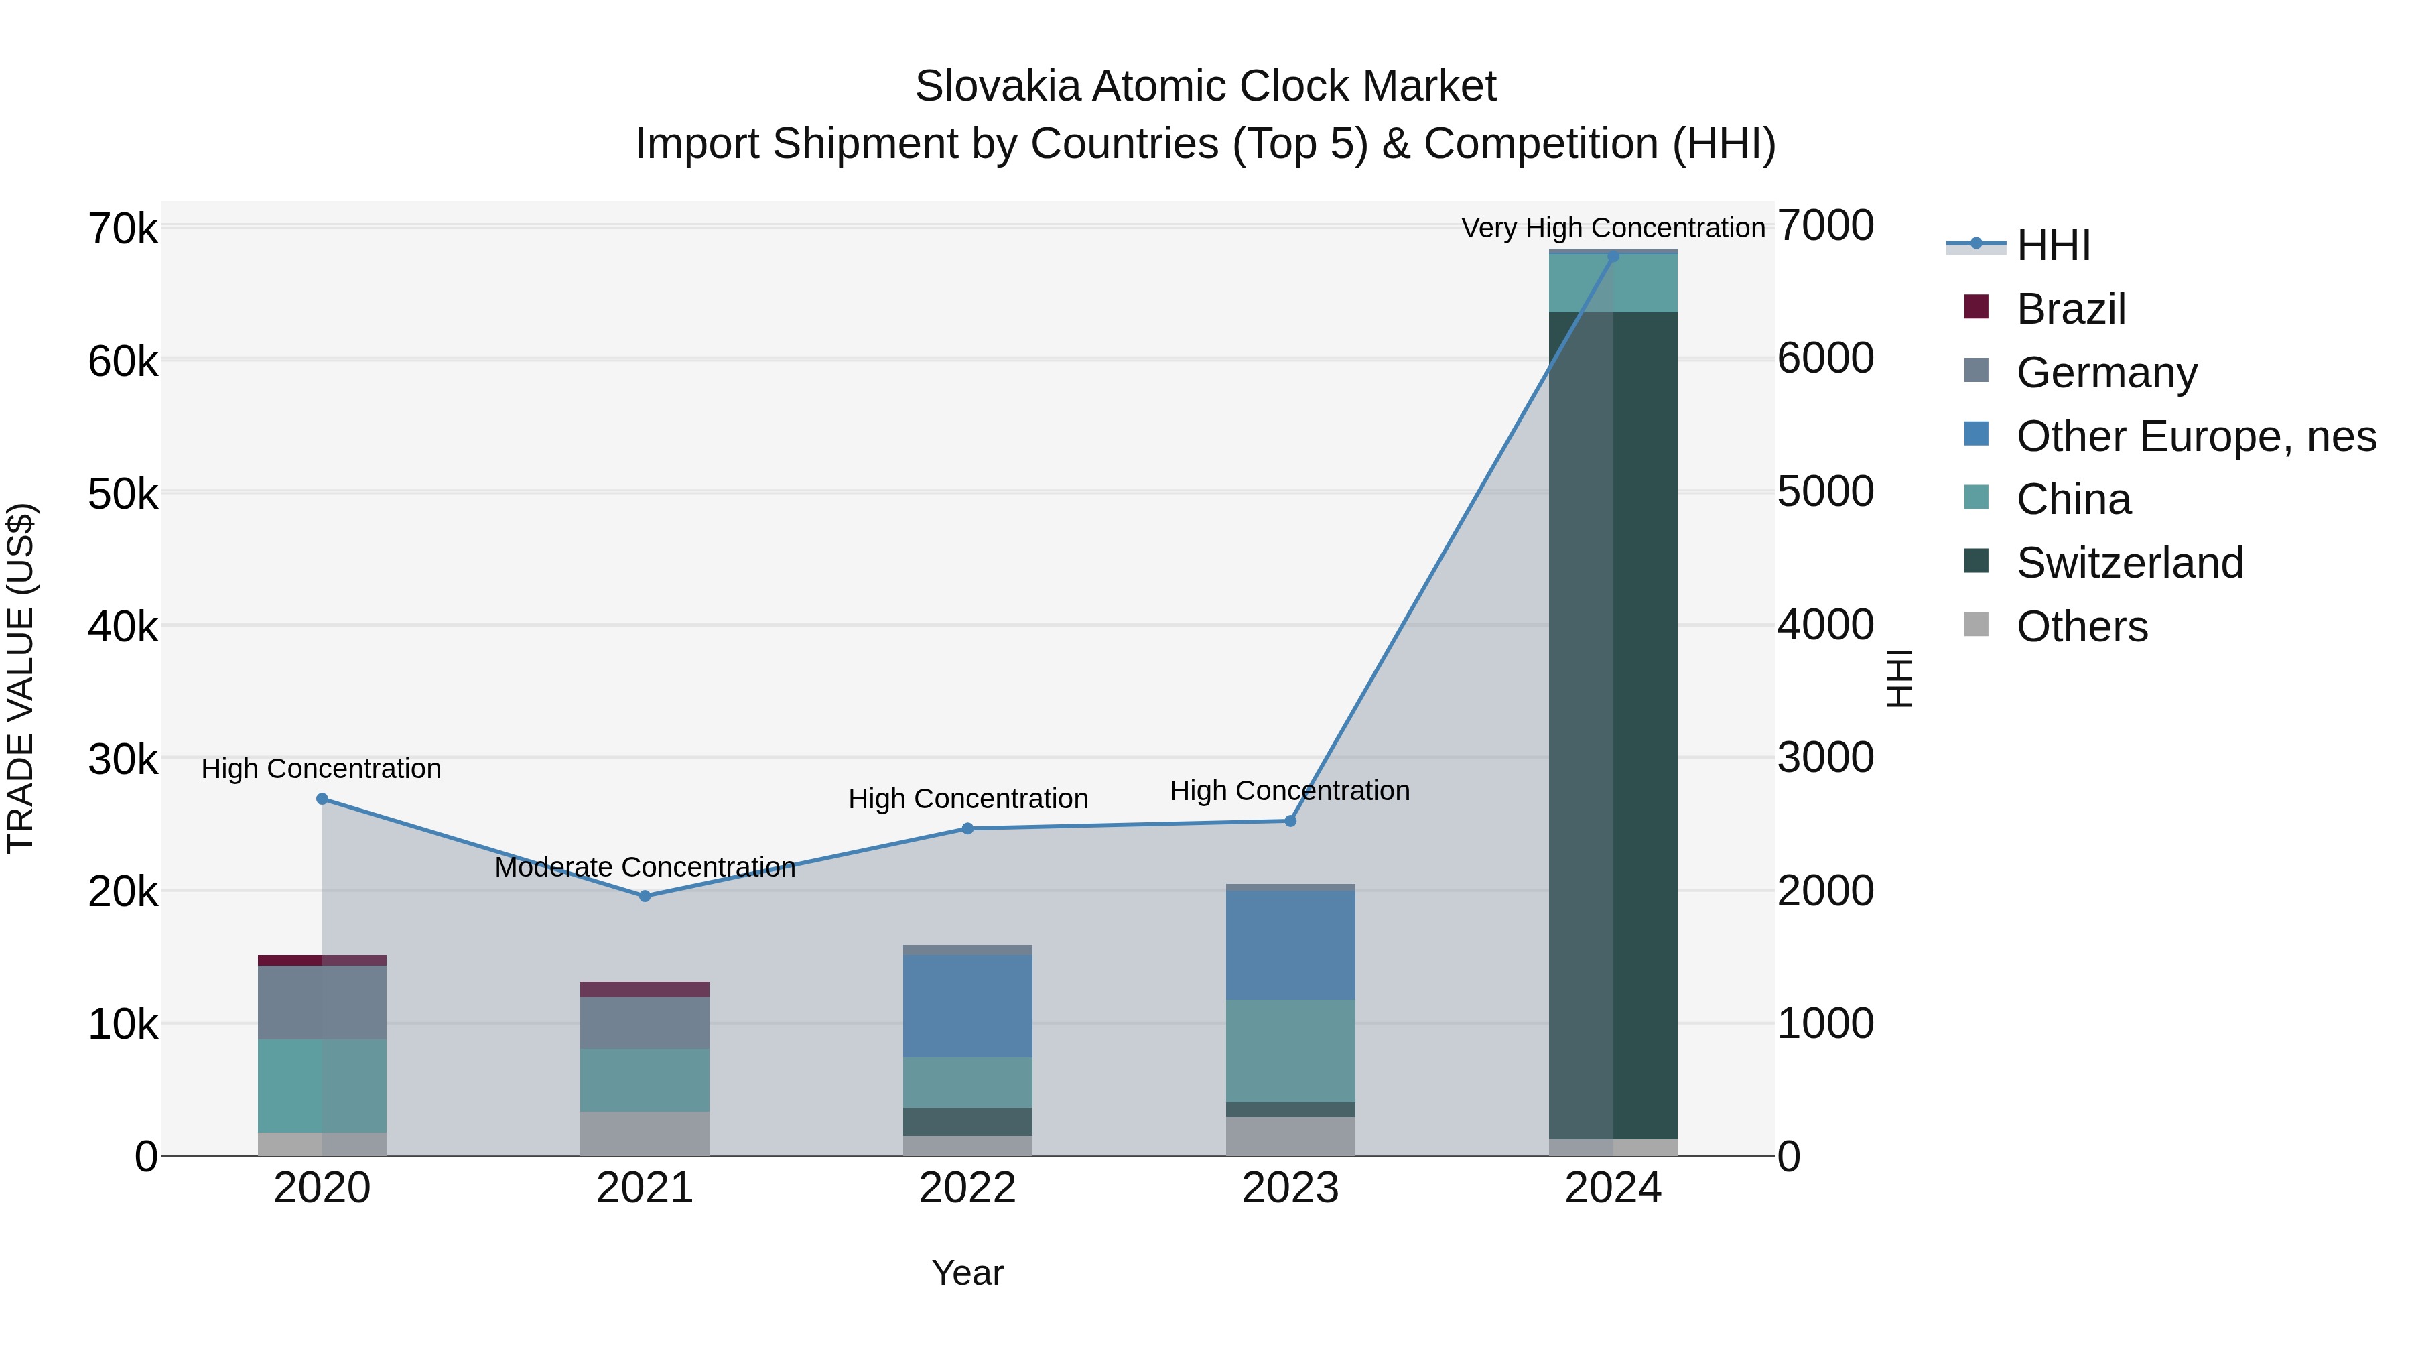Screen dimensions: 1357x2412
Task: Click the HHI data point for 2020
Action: [x=322, y=799]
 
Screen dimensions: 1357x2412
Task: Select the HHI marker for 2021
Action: [x=644, y=896]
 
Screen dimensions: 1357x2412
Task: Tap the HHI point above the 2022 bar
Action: [x=967, y=829]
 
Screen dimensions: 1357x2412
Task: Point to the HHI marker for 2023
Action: [x=1290, y=822]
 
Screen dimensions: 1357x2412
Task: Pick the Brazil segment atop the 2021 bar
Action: [x=644, y=990]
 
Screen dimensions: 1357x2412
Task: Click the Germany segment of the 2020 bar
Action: [x=322, y=1002]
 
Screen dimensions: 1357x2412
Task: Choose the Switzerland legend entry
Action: [x=2129, y=563]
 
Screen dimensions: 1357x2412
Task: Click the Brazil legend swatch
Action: [x=1976, y=306]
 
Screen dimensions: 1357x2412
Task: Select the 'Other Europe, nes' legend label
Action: [x=2196, y=436]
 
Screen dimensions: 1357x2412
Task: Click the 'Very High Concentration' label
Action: [x=1613, y=228]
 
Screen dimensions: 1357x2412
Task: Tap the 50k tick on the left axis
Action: [x=123, y=493]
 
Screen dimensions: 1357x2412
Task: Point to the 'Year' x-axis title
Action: [x=967, y=1273]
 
